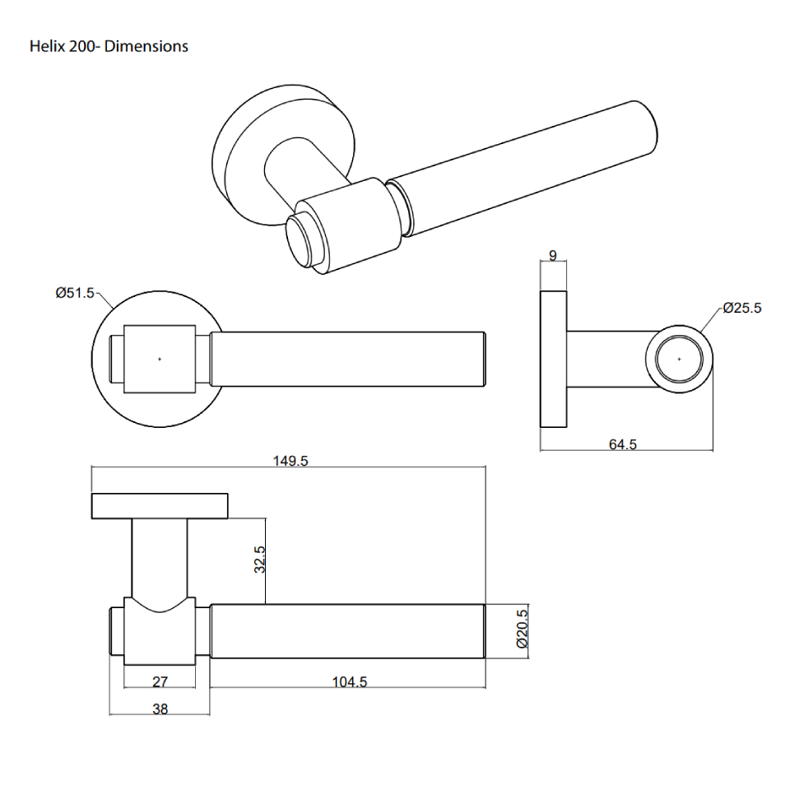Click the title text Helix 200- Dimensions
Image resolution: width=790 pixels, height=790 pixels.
point(109,46)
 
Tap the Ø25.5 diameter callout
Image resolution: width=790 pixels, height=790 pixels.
point(742,308)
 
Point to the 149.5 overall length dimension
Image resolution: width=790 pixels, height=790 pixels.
point(290,461)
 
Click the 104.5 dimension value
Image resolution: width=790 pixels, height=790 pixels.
point(349,682)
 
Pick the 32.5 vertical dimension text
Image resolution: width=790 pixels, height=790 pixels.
point(258,560)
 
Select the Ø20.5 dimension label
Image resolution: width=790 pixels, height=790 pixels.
point(521,630)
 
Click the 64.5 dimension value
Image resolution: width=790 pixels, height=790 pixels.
point(623,444)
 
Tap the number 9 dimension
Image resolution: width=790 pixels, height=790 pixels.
point(553,256)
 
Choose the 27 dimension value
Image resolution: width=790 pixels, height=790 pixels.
point(160,682)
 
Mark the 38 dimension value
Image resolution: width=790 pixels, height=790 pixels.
point(160,709)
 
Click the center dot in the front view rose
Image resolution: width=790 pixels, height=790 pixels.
point(160,359)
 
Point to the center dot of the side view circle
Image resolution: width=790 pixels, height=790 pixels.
point(679,359)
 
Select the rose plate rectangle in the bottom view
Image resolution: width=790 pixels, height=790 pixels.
point(159,506)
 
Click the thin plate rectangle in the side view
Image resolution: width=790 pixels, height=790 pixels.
point(553,360)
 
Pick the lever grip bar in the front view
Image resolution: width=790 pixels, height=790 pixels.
point(346,360)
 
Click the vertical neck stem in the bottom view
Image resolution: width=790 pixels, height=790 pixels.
point(159,560)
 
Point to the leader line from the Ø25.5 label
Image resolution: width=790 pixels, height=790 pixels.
point(713,318)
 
